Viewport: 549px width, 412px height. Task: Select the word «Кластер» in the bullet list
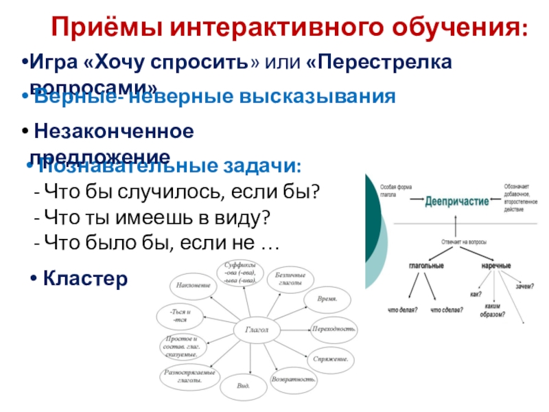85,278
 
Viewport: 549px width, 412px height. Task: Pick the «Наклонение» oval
193,285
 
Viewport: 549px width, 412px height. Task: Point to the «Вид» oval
244,387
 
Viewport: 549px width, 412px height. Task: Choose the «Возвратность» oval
294,379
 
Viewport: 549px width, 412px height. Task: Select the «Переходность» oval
334,329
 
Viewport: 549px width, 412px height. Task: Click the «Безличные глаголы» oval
289,279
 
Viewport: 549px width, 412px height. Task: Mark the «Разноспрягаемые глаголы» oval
189,376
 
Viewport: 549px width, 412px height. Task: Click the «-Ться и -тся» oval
180,317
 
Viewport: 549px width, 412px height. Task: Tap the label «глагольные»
426,265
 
